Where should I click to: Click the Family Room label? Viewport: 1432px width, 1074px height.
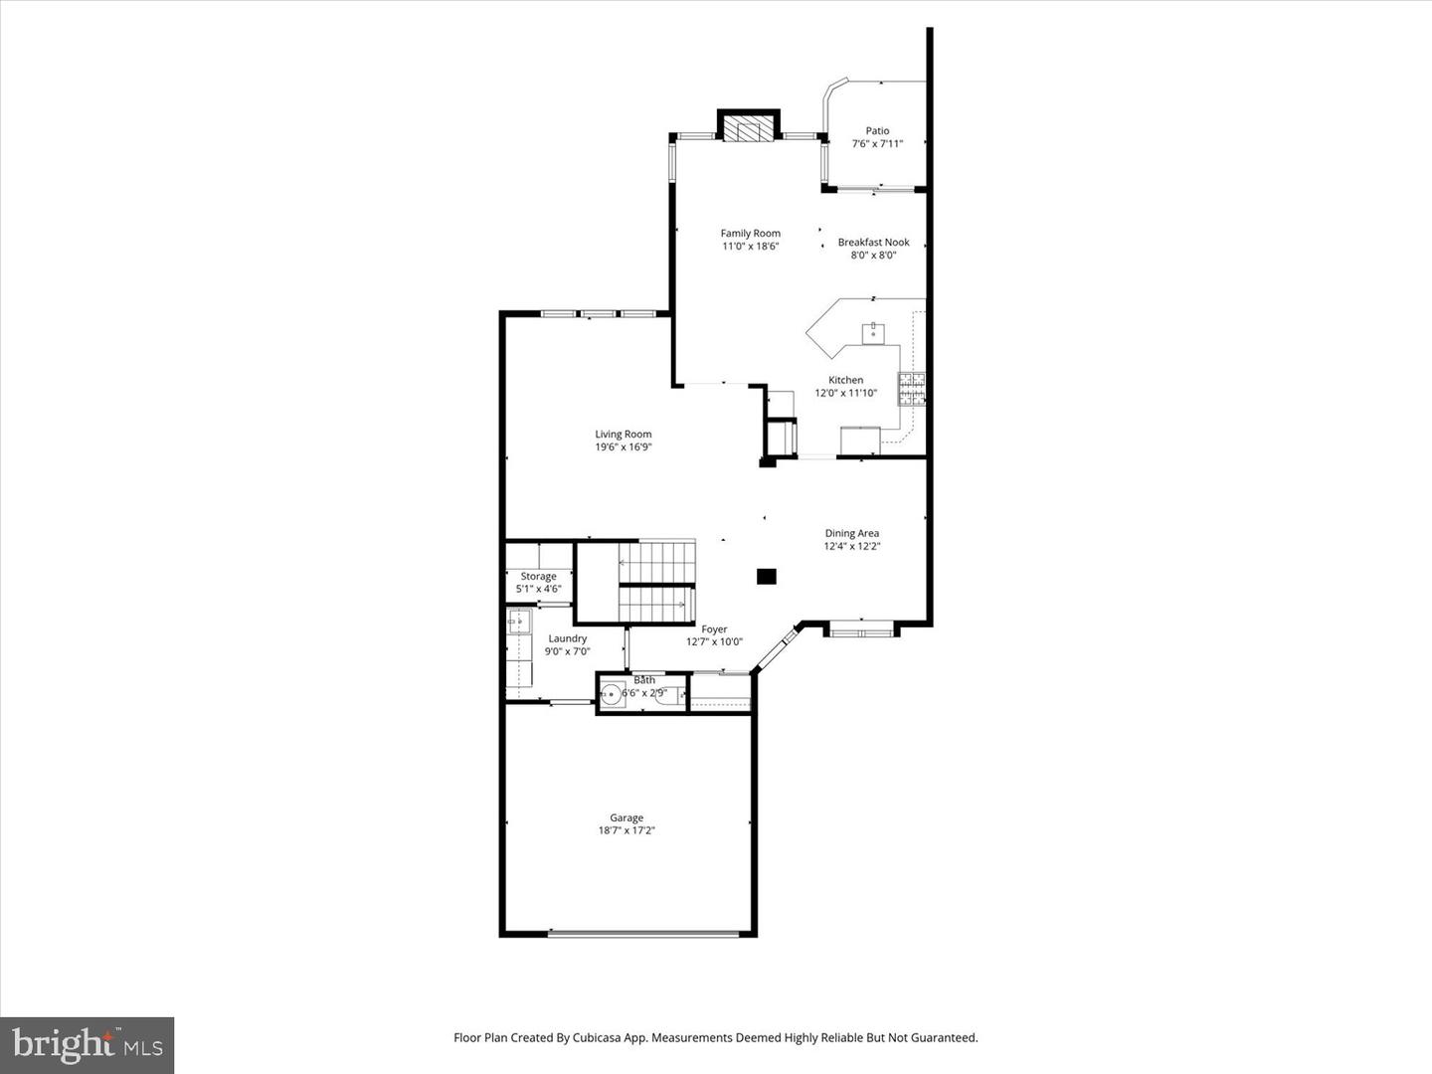pyautogui.click(x=750, y=234)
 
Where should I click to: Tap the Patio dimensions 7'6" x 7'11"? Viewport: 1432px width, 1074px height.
pyautogui.click(x=877, y=144)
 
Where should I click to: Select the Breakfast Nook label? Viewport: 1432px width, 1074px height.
pyautogui.click(x=873, y=242)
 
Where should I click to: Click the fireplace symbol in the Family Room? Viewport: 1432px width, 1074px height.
pyautogui.click(x=748, y=128)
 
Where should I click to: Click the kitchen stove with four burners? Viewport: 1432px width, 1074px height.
pyautogui.click(x=911, y=389)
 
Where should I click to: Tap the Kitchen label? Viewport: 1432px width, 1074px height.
pyautogui.click(x=845, y=380)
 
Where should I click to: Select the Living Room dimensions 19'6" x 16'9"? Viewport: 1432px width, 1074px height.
pyautogui.click(x=623, y=447)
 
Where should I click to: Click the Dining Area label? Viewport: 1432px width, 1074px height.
pyautogui.click(x=851, y=533)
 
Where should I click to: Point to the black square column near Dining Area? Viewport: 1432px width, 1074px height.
pyautogui.click(x=766, y=576)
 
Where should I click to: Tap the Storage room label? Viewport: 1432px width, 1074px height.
pyautogui.click(x=538, y=577)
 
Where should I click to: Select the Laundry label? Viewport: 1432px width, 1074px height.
pyautogui.click(x=567, y=638)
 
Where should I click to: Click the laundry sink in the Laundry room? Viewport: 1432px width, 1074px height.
pyautogui.click(x=519, y=623)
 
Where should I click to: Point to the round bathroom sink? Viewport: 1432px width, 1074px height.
pyautogui.click(x=612, y=694)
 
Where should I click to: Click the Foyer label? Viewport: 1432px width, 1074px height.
pyautogui.click(x=713, y=629)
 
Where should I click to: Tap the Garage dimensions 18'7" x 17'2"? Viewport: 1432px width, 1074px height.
pyautogui.click(x=626, y=831)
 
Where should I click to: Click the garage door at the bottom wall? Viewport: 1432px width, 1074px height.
pyautogui.click(x=643, y=934)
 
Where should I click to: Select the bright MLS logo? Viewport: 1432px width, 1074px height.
pyautogui.click(x=88, y=1044)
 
